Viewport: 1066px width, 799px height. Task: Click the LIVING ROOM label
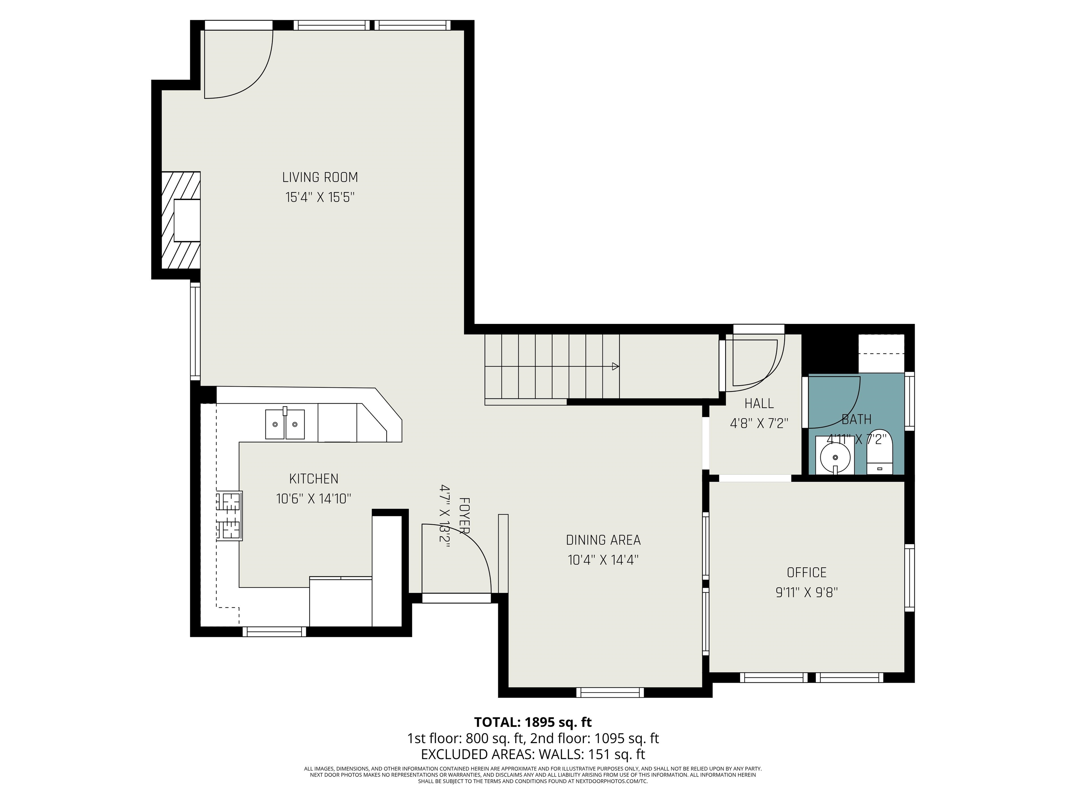click(320, 177)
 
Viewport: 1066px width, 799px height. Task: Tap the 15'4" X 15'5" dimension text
click(320, 197)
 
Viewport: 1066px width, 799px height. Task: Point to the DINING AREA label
click(603, 540)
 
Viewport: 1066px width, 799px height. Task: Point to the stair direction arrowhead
click(615, 367)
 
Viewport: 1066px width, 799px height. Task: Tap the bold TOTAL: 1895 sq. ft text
click(533, 722)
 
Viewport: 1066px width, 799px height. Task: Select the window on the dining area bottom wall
click(610, 693)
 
